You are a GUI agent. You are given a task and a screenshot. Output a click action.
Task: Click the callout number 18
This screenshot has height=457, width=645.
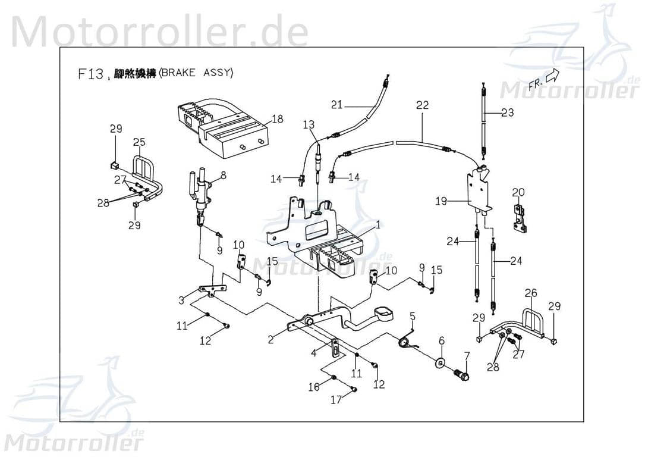[x=277, y=119]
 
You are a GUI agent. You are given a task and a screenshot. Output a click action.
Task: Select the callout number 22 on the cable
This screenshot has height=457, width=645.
[x=422, y=105]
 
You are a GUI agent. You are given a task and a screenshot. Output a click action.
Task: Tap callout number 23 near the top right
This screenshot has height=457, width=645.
[x=507, y=112]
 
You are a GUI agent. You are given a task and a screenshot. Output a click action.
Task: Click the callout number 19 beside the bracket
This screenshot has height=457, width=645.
[x=441, y=202]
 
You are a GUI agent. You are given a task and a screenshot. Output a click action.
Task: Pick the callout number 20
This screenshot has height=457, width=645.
[x=518, y=192]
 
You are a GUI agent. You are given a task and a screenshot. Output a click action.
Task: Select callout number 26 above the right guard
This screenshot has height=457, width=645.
[x=531, y=293]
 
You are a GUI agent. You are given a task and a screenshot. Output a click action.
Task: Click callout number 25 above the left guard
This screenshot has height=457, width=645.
[x=139, y=142]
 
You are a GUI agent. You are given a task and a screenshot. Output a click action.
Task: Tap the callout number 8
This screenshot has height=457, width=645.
[x=223, y=176]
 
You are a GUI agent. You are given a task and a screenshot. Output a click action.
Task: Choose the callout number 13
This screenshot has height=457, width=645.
[x=308, y=124]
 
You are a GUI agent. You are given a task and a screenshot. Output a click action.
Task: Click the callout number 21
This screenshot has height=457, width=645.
[x=337, y=105]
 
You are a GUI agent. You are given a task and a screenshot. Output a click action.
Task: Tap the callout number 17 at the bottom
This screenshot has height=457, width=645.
[x=336, y=400]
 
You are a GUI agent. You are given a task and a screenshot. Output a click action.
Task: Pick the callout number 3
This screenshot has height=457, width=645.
[x=181, y=301]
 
